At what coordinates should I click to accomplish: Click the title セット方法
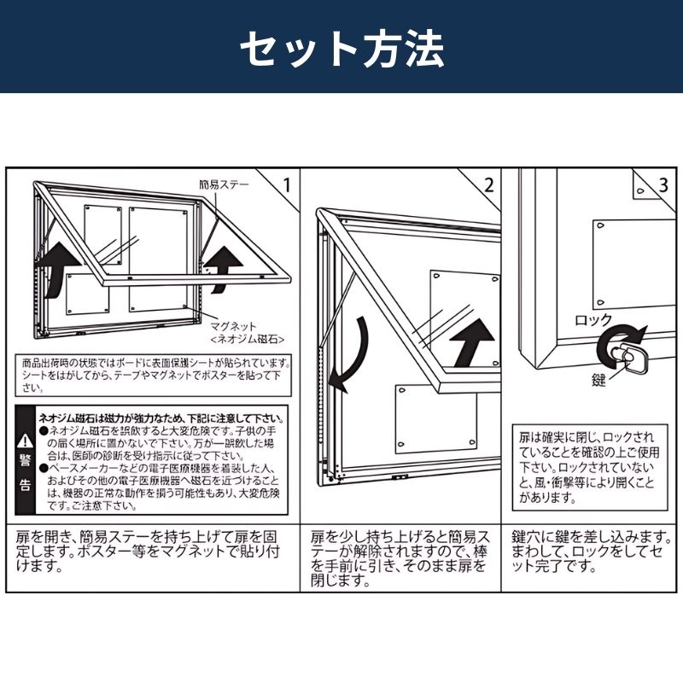click(x=341, y=50)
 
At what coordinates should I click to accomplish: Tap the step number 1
click(x=287, y=184)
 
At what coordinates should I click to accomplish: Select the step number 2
click(x=488, y=184)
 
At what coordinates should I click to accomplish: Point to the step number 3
click(x=663, y=184)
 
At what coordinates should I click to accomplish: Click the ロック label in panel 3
click(x=593, y=321)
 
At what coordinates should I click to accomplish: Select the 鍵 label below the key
click(x=599, y=380)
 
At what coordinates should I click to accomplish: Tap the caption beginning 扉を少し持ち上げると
click(x=399, y=559)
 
